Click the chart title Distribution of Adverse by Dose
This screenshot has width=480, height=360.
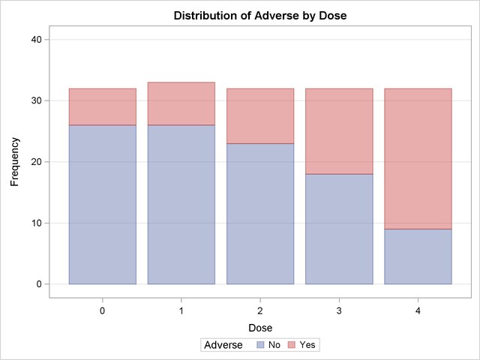coord(260,15)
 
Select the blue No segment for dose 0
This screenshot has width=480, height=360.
coord(103,205)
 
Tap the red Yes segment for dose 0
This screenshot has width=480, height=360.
coord(103,106)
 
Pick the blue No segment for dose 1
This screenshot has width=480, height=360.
coord(181,205)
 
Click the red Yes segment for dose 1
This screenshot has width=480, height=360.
coord(181,103)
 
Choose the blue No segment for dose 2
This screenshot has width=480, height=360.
coord(260,214)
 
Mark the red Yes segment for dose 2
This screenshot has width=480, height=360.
coord(260,116)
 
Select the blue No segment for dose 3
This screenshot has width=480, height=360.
coord(339,229)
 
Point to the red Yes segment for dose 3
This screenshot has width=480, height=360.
coord(339,131)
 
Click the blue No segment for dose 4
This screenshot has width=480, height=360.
coord(418,256)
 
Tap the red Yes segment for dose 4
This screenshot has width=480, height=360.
coord(418,159)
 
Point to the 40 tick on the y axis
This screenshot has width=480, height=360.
coord(37,40)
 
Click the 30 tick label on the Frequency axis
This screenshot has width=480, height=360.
coord(37,100)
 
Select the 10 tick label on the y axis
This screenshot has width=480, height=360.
coord(37,223)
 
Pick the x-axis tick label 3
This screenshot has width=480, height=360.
coord(339,311)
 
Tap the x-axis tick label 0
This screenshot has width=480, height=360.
coord(103,311)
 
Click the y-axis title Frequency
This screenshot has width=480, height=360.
coord(14,162)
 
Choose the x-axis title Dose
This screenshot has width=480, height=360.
coord(260,328)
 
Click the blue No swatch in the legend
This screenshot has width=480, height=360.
coord(260,345)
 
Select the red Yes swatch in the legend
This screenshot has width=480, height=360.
coord(292,345)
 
